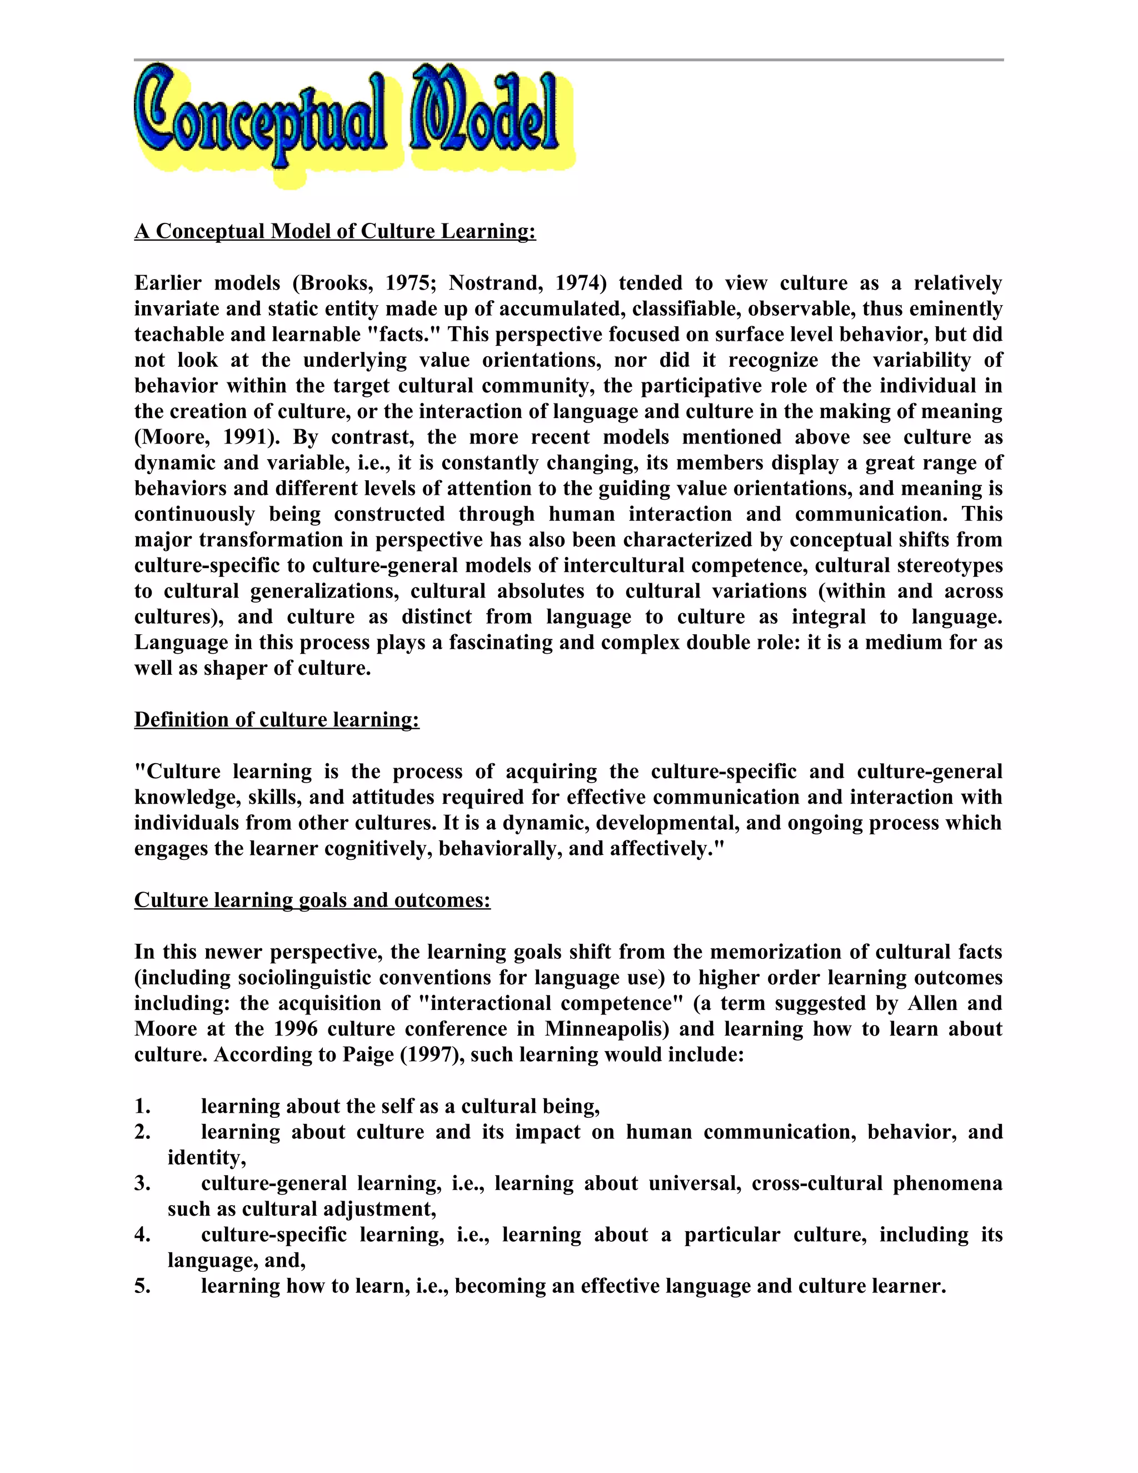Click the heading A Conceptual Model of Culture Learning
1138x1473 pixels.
point(335,231)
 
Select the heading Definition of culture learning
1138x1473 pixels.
point(276,720)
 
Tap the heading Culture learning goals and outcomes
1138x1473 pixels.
point(312,900)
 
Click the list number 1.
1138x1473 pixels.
point(142,1106)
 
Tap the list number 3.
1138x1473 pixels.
point(142,1183)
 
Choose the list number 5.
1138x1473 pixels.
point(142,1286)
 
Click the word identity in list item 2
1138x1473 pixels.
point(206,1157)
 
